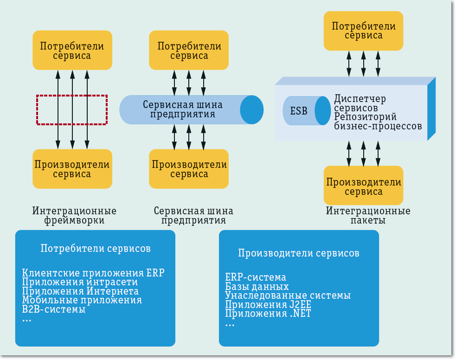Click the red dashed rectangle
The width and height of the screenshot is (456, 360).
point(72,110)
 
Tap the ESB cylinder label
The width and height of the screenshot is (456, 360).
point(299,111)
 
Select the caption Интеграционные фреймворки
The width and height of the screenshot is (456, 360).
point(74,216)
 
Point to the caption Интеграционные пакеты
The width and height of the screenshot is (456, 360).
point(368,216)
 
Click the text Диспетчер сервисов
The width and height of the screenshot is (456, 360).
point(360,103)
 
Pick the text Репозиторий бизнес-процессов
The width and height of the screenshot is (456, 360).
point(378,121)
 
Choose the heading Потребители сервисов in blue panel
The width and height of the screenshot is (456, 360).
point(96,249)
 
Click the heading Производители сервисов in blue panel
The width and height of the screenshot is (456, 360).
point(299,253)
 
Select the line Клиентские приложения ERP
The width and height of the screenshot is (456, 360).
point(93,273)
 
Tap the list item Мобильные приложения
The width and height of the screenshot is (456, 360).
point(82,300)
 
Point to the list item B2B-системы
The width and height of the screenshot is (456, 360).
point(54,309)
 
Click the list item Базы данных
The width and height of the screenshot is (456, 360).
point(257,287)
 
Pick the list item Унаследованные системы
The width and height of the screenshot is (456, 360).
point(288,296)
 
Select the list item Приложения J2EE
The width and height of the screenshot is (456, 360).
point(268,305)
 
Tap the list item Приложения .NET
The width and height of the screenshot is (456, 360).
point(268,314)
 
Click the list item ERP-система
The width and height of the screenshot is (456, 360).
point(256,278)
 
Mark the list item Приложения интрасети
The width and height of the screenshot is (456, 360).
point(80,282)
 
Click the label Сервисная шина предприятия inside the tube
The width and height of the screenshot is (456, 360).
point(182,109)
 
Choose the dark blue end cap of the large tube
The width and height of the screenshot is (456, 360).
point(251,110)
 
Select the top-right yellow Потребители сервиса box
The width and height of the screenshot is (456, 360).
point(363,31)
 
